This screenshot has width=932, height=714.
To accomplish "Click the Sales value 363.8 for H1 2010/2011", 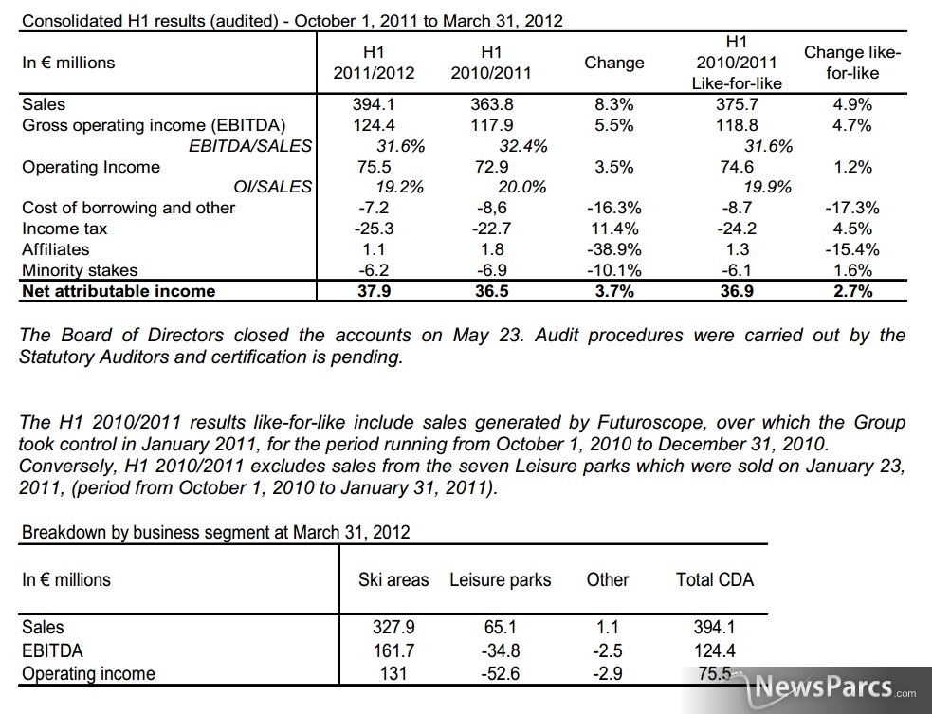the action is pos(491,104).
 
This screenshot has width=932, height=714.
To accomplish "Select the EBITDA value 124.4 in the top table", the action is pos(374,125).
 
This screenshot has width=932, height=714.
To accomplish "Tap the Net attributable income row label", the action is pos(119,291).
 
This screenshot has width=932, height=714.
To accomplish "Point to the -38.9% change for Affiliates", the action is pos(614,249).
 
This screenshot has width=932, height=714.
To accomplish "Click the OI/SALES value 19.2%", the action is pos(400,187).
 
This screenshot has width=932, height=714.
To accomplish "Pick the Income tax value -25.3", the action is pos(374,229).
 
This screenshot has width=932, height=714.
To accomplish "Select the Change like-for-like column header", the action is pos(852,63).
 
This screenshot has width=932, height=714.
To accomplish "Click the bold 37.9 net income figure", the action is pos(374,291).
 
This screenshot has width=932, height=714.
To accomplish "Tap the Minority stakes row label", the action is pos(80,270).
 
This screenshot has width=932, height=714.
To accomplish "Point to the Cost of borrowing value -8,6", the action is pos(491,208).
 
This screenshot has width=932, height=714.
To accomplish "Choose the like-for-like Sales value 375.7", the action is pos(737,104).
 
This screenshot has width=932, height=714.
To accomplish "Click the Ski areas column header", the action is pos(393,579).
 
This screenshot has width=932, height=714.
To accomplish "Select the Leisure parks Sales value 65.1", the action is pos(501,627).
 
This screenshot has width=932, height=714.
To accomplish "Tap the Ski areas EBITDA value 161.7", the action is pos(393,650).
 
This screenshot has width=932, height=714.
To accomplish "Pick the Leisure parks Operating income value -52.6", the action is pos(501,673).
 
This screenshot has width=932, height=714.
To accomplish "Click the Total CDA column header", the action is pos(715,579).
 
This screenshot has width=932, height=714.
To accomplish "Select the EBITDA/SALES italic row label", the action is pos(249,146).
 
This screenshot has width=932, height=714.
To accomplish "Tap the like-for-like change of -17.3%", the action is pos(852,208).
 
